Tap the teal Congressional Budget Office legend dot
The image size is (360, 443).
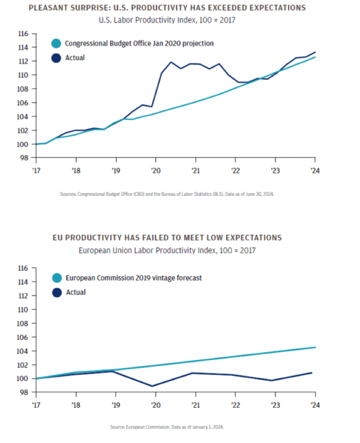pos(56,44)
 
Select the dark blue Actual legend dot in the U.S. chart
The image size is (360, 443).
pos(56,58)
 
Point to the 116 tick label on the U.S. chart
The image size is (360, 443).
pos(23,34)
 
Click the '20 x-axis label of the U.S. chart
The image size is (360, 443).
pos(155,171)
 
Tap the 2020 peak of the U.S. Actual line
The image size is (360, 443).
pos(171,62)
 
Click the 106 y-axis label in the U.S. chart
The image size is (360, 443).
pos(23,103)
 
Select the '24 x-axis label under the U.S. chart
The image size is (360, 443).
pos(315,171)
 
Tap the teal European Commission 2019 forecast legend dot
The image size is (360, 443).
pos(57,278)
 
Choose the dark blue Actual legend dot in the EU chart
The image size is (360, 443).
pos(57,292)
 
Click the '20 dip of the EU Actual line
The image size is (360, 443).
pos(153,386)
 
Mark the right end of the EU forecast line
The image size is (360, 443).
pos(315,347)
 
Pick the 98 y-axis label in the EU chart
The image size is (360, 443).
pos(24,392)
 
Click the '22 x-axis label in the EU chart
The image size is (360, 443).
pos(235,405)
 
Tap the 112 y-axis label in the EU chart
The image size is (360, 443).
pos(23,295)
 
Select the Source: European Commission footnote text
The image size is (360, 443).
pos(167,427)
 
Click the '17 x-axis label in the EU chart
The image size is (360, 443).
pos(36,405)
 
